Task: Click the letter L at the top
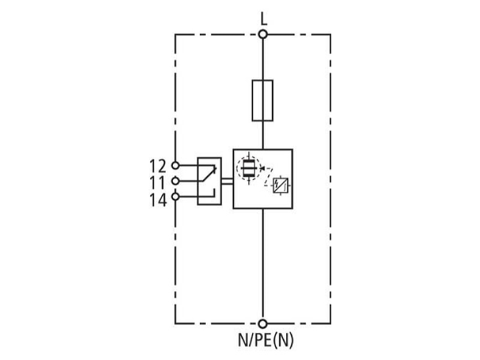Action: click(263, 19)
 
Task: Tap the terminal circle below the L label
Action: click(263, 34)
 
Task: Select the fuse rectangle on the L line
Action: click(263, 100)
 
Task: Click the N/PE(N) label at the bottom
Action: click(265, 340)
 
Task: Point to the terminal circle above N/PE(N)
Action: click(263, 323)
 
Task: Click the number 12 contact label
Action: click(158, 166)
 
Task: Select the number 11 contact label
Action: click(157, 183)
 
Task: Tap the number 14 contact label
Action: click(158, 200)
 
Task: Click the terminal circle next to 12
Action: click(175, 166)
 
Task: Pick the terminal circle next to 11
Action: click(175, 181)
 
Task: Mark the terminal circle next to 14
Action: click(175, 197)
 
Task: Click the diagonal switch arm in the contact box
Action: click(209, 174)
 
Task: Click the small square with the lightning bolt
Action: click(280, 185)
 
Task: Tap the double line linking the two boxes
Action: click(227, 181)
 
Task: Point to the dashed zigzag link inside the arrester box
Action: click(268, 177)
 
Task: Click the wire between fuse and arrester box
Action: click(263, 135)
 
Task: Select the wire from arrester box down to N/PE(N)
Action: click(263, 264)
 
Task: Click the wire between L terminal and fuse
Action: click(263, 59)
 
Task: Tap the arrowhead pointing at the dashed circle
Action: click(262, 168)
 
